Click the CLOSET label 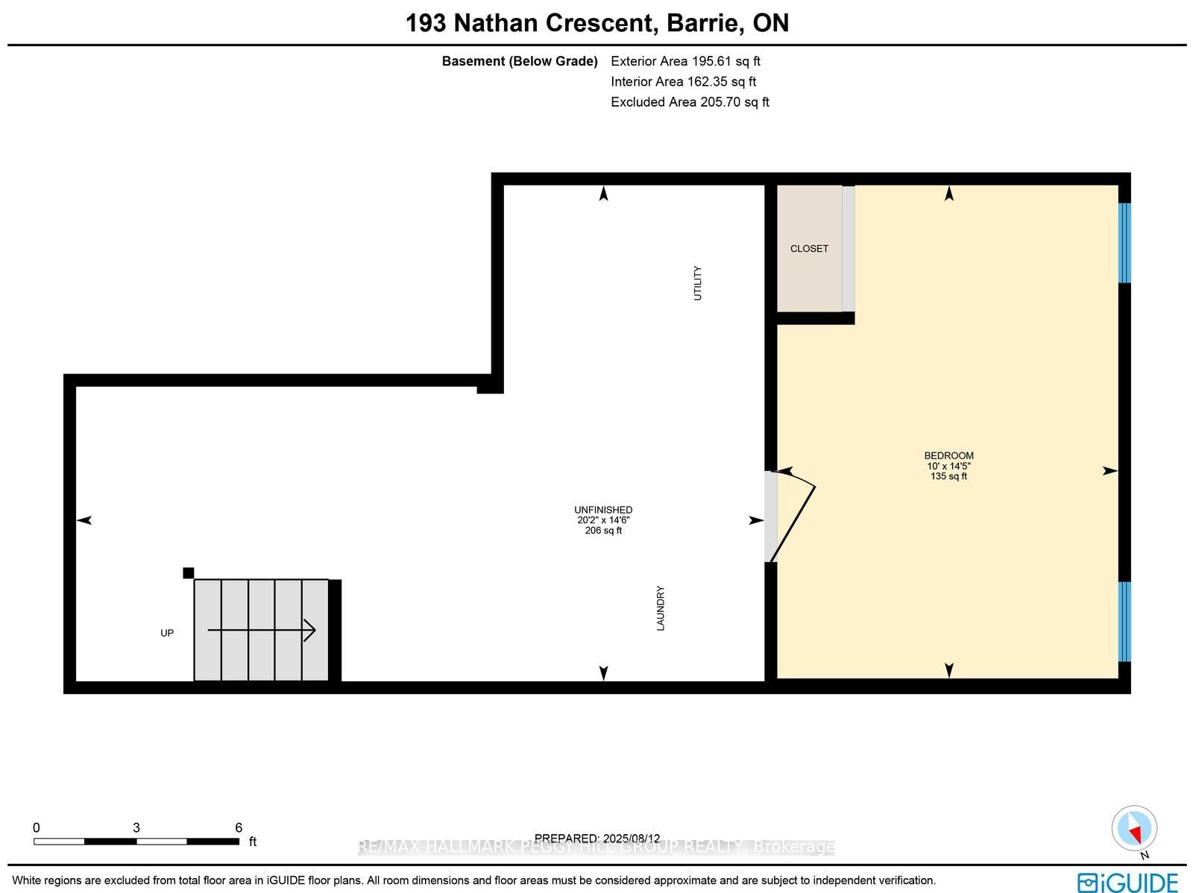pyautogui.click(x=809, y=248)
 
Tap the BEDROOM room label pyautogui.click(x=948, y=455)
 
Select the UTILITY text pyautogui.click(x=698, y=283)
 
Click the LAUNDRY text pyautogui.click(x=661, y=608)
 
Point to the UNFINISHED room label pyautogui.click(x=603, y=510)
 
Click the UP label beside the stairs pyautogui.click(x=167, y=633)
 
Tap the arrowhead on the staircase pyautogui.click(x=309, y=631)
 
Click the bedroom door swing pyautogui.click(x=795, y=514)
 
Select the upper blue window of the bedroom pyautogui.click(x=1124, y=243)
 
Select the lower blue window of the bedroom pyautogui.click(x=1124, y=622)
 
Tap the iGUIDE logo pyautogui.click(x=1128, y=882)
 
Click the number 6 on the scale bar pyautogui.click(x=239, y=827)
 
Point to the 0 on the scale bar pyautogui.click(x=37, y=827)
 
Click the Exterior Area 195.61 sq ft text pyautogui.click(x=685, y=61)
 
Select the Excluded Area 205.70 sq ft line pyautogui.click(x=690, y=102)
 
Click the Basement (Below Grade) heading pyautogui.click(x=520, y=61)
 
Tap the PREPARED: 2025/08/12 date pyautogui.click(x=597, y=839)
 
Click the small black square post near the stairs pyautogui.click(x=189, y=572)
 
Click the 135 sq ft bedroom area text pyautogui.click(x=948, y=476)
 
